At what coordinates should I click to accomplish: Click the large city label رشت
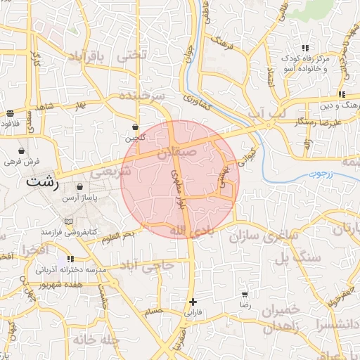tap(43, 181)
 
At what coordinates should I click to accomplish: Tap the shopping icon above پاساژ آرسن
tap(79, 188)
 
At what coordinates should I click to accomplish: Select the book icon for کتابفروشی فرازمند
tap(67, 221)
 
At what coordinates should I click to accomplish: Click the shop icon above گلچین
tap(135, 127)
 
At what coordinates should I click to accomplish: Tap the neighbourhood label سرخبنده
tap(141, 94)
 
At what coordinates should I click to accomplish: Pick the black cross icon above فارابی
tap(193, 301)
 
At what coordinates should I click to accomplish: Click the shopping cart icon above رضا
tap(245, 295)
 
